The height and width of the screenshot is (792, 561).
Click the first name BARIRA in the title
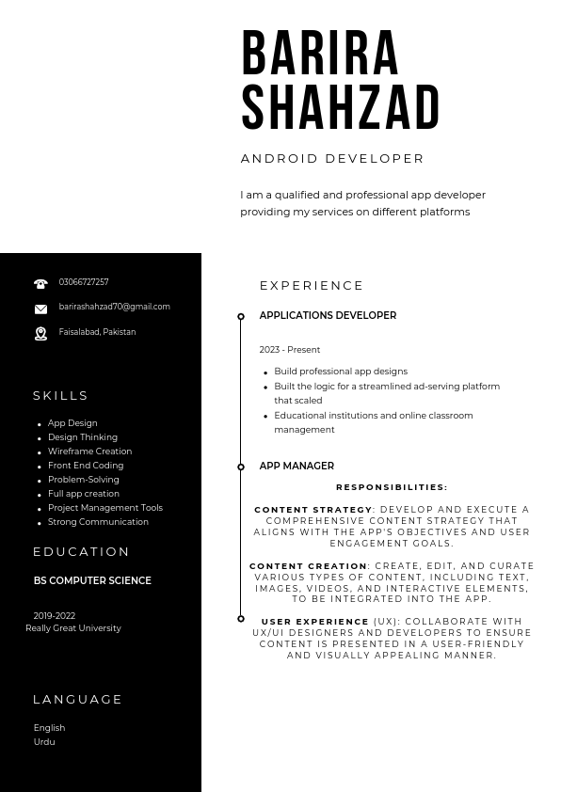320,54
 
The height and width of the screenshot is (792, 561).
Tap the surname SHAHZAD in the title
341,108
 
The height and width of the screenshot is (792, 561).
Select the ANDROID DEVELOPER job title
332,158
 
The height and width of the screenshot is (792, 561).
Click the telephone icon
40,283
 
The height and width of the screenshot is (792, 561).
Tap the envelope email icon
40,309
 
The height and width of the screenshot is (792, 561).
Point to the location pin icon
40,333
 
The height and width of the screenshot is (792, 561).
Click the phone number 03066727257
84,282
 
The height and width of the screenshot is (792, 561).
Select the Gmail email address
114,307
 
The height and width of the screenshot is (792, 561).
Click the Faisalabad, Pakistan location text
97,332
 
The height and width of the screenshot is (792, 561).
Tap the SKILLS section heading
61,395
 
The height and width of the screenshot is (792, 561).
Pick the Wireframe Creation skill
89,451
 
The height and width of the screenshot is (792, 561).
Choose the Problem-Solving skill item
83,480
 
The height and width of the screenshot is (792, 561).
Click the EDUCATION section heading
82,551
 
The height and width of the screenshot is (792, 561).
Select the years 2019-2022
55,616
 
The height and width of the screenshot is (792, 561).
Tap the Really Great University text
73,628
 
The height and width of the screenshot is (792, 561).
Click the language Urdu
44,742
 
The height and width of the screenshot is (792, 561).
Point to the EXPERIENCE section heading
312,285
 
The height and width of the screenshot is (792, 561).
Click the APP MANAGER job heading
297,466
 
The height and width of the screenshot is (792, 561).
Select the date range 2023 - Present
290,350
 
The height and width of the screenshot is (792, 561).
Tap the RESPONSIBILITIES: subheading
392,487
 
